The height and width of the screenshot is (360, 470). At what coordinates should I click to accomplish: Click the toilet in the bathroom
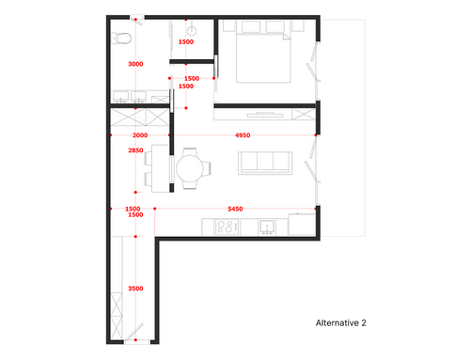[121, 39]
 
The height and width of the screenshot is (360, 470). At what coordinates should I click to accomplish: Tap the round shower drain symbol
[192, 31]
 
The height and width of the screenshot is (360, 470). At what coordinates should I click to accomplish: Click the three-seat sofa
[265, 163]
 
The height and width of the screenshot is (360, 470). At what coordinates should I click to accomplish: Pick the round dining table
[190, 168]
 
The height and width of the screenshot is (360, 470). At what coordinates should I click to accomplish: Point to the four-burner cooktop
[227, 227]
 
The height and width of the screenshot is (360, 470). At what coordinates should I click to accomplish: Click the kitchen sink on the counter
[267, 227]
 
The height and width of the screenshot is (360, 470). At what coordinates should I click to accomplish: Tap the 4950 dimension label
[243, 135]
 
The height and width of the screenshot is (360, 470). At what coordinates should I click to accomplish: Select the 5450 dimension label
[235, 209]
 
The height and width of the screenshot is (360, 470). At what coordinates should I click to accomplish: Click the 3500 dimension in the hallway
[135, 289]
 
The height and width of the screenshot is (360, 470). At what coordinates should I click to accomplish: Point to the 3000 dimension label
[135, 64]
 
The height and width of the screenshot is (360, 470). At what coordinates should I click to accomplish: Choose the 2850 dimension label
[135, 150]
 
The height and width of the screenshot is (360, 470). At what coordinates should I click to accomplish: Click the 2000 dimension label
[140, 135]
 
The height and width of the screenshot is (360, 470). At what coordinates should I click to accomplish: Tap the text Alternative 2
[341, 323]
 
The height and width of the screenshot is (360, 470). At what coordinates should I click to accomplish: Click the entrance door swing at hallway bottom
[135, 332]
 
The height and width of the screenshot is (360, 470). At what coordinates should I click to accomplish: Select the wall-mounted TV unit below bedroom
[265, 115]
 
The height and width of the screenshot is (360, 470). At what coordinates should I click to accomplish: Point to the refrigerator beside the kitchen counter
[302, 224]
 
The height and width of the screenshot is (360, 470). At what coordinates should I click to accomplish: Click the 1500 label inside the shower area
[186, 41]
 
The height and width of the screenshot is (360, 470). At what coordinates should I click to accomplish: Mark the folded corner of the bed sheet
[287, 37]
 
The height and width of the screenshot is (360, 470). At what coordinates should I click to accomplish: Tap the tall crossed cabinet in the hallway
[117, 316]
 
